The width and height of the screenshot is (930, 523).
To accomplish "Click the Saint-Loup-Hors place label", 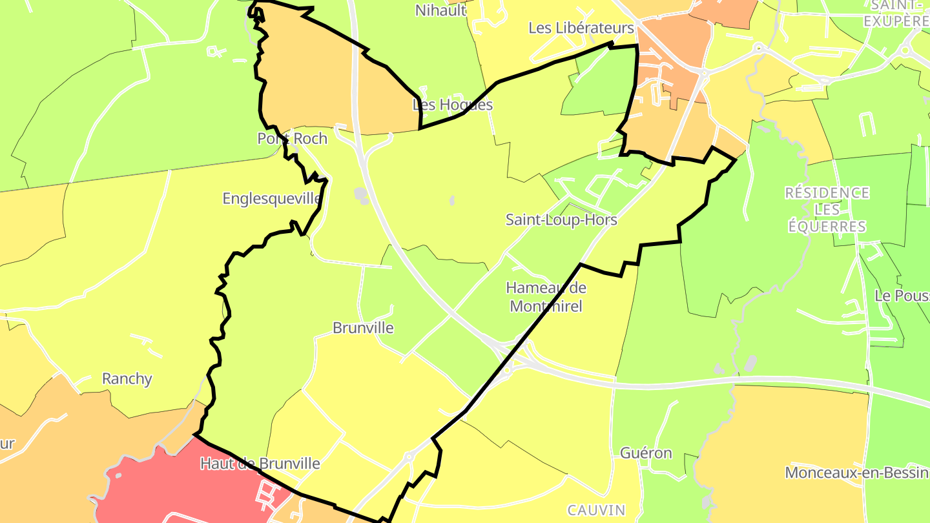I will pos(561,220).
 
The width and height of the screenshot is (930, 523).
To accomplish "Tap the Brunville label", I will pos(363,328).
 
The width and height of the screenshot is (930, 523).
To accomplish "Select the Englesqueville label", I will pos(271,198).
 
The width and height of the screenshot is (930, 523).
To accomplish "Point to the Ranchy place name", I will pos(127,379).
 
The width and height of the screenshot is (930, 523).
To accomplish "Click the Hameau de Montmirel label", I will pos(546,297).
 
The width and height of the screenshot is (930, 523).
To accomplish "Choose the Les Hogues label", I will pos(453,105).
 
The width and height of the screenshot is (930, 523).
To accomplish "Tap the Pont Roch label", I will pos(293,139).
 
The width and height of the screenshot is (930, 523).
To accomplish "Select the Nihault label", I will pos(440,10).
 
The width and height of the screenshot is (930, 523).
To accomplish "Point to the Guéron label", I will pos(646,453).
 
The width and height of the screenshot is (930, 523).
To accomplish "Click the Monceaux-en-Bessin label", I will pos(856,473).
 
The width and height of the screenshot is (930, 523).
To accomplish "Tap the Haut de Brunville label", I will pos(260,464).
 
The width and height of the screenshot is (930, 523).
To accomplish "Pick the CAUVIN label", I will pos(596,510).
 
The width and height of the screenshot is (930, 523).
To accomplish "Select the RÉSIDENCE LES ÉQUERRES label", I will pos(827,210).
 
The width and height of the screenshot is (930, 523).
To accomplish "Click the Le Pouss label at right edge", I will pos(902,296).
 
